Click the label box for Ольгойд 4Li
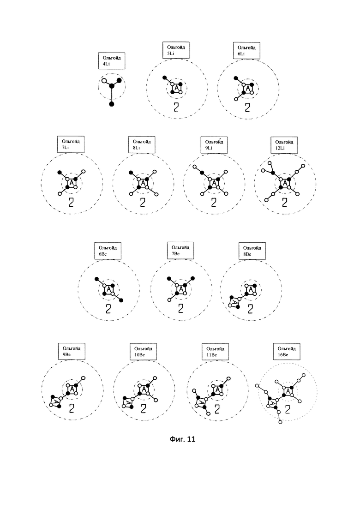pyautogui.click(x=112, y=61)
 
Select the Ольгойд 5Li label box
pyautogui.click(x=176, y=50)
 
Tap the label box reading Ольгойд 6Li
pyautogui.click(x=246, y=50)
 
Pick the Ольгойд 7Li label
pyautogui.click(x=71, y=144)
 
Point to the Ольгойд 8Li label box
pyautogui.click(x=142, y=144)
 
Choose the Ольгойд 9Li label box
pyautogui.click(x=214, y=145)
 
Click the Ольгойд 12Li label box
pyautogui.click(x=284, y=145)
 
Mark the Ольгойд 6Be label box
pyautogui.click(x=108, y=251)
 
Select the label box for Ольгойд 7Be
pyautogui.click(x=180, y=250)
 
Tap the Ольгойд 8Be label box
pyautogui.click(x=252, y=251)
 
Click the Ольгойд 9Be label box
pyautogui.click(x=72, y=351)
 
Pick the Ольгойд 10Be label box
pyautogui.click(x=143, y=352)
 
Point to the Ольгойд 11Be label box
pyautogui.click(x=215, y=352)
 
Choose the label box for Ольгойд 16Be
pyautogui.click(x=287, y=352)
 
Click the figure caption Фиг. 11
pyautogui.click(x=182, y=439)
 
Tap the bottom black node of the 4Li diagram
pyautogui.click(x=112, y=104)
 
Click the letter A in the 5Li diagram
pyautogui.click(x=176, y=88)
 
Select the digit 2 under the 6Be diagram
pyautogui.click(x=108, y=308)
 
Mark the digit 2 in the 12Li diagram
pyautogui.click(x=284, y=202)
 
